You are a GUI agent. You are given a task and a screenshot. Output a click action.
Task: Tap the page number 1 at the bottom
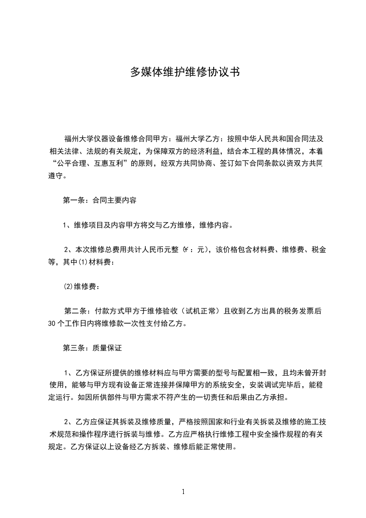(x=183, y=492)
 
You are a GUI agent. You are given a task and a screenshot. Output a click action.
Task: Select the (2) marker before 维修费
(x=68, y=287)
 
